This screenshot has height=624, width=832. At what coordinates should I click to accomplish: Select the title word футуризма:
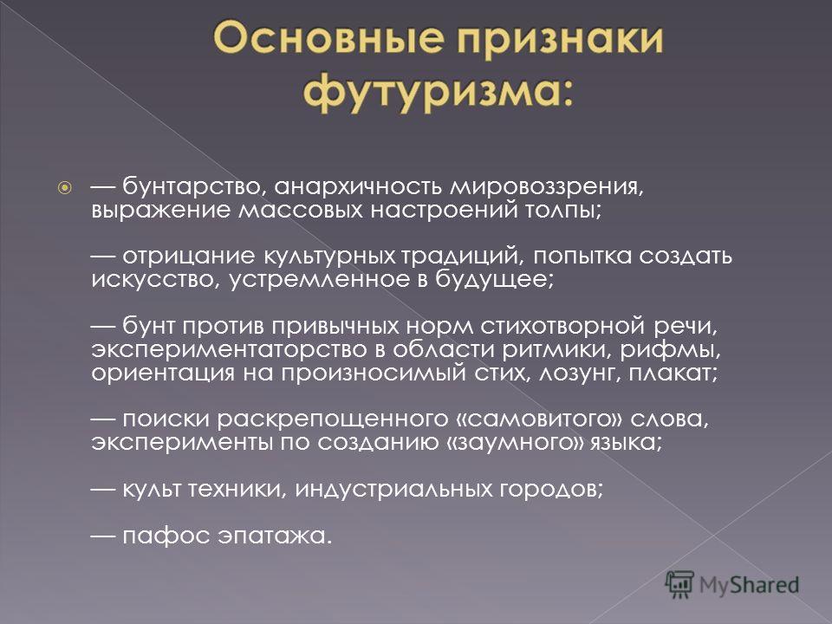click(439, 94)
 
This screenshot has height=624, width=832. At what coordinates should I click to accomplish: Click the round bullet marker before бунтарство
click(64, 187)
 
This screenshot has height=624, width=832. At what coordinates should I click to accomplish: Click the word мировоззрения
click(546, 187)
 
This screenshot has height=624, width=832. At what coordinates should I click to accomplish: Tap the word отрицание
click(189, 256)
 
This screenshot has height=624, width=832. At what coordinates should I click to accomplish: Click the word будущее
click(494, 279)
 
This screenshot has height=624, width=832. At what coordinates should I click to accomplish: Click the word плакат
click(673, 373)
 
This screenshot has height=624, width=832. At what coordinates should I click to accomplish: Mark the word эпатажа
click(275, 536)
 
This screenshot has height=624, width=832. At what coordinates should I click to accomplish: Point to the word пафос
click(166, 535)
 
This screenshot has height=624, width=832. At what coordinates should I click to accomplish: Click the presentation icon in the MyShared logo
click(679, 585)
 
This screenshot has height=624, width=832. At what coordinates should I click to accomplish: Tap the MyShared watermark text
click(749, 585)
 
